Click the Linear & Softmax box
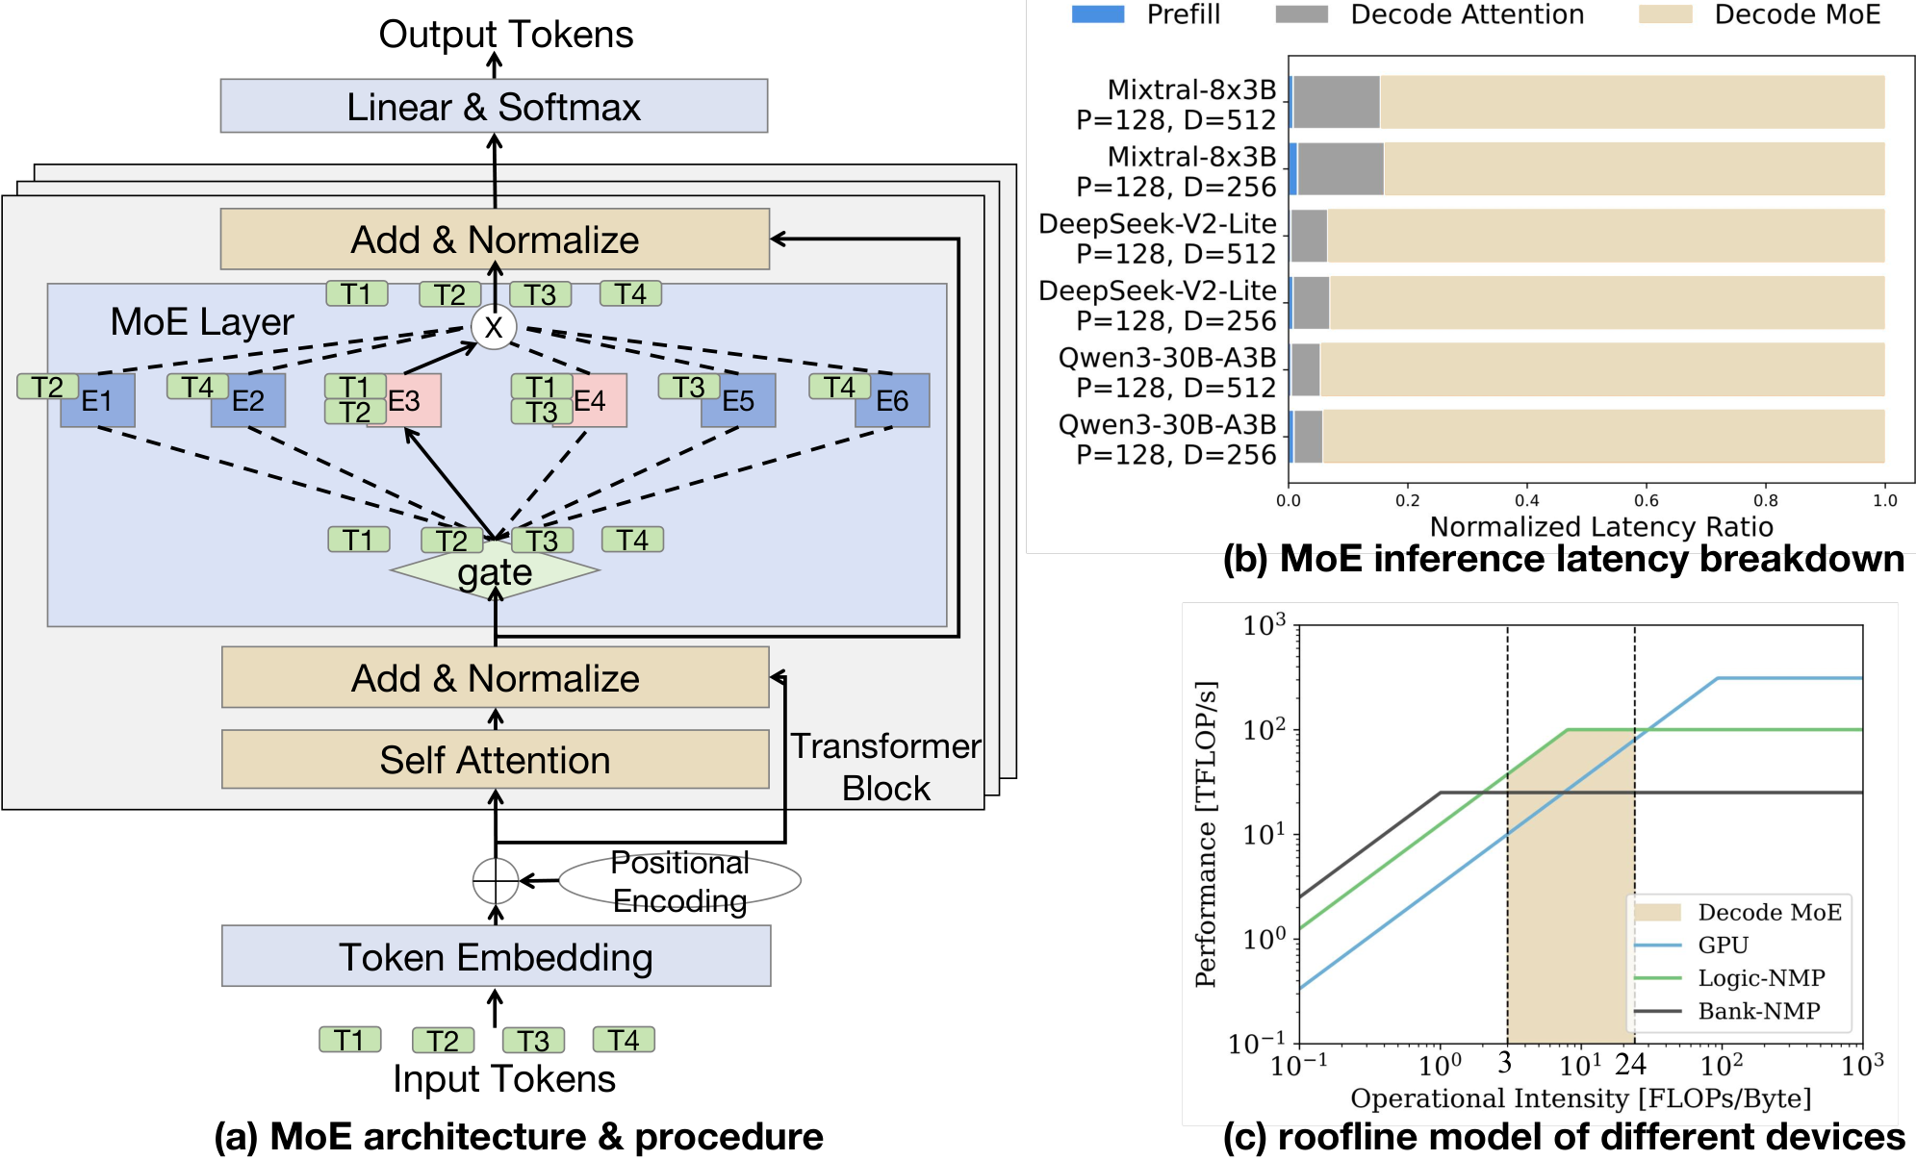point(494,106)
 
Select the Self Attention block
point(495,759)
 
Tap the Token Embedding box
point(496,956)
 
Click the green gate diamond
point(495,570)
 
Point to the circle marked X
point(494,327)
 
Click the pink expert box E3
point(404,400)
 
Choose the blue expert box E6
point(892,400)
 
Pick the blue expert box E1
point(97,400)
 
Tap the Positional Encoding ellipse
point(679,881)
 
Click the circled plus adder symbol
point(496,880)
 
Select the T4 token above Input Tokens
point(624,1040)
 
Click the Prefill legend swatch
point(1098,14)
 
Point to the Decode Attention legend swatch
point(1301,14)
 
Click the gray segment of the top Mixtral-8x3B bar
point(1336,102)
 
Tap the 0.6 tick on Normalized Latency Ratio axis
point(1646,500)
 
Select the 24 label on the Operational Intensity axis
point(1631,1064)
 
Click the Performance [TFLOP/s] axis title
point(1206,834)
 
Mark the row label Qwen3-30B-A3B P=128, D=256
point(1167,440)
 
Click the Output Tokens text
point(506,35)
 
